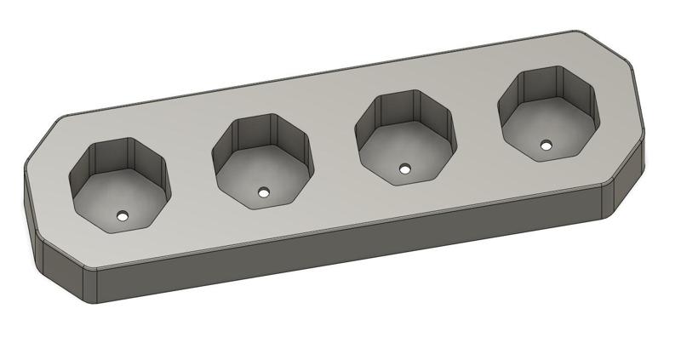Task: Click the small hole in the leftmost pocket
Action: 123,215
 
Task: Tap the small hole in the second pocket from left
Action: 265,192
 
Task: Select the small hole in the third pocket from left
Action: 405,169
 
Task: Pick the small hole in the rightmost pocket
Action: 546,146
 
